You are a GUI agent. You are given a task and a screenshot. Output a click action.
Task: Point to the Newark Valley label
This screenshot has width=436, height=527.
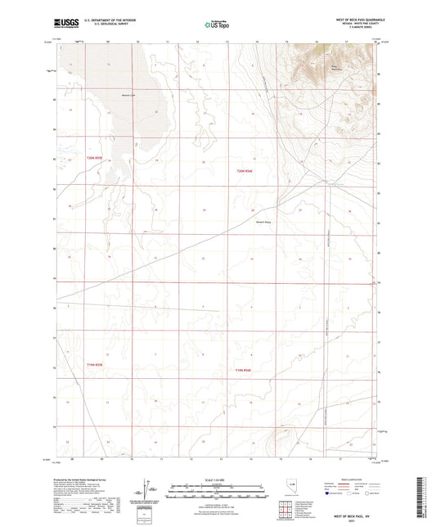coord(264,221)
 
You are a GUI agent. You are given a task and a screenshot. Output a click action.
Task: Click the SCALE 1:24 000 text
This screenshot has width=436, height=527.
coord(218,479)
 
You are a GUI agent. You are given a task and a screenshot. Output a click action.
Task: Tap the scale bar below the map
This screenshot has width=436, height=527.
coord(218,490)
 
